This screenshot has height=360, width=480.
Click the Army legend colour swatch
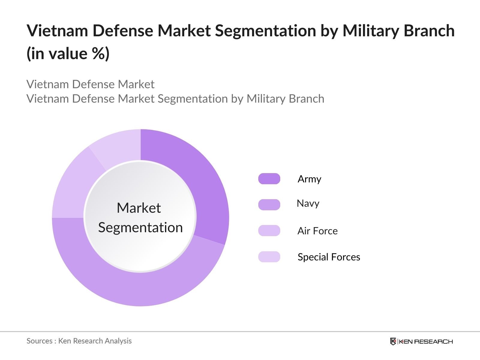pos(269,179)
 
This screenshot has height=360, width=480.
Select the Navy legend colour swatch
pos(269,205)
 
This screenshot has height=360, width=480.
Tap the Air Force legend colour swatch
pos(269,231)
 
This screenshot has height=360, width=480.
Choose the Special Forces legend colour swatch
pos(269,257)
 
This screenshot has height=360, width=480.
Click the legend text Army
pos(309,179)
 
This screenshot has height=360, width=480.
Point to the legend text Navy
pos(308,204)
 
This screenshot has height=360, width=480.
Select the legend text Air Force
pos(317,231)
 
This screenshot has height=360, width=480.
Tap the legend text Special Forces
pos(329,257)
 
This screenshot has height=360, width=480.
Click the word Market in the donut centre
pos(139,208)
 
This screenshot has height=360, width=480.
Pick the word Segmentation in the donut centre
pos(140,227)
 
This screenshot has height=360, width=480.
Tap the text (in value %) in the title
pos(68,54)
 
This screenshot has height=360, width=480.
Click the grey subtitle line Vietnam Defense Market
pos(90,84)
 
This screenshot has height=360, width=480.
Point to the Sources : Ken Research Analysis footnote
pos(79,341)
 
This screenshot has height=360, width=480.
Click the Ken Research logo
pos(421,341)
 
